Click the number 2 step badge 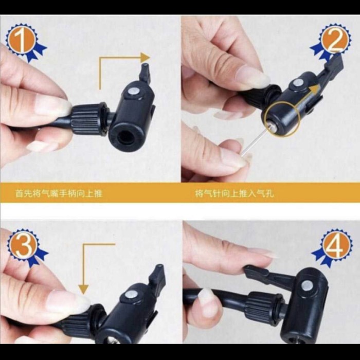click(334, 41)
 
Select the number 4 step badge click(334, 247)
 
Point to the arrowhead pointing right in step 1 click(145, 58)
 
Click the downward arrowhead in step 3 click(83, 289)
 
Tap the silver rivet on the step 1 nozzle click(134, 92)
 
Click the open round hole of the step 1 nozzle click(125, 138)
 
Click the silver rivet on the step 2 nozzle click(298, 82)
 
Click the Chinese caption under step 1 click(59, 193)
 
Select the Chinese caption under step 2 click(235, 193)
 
